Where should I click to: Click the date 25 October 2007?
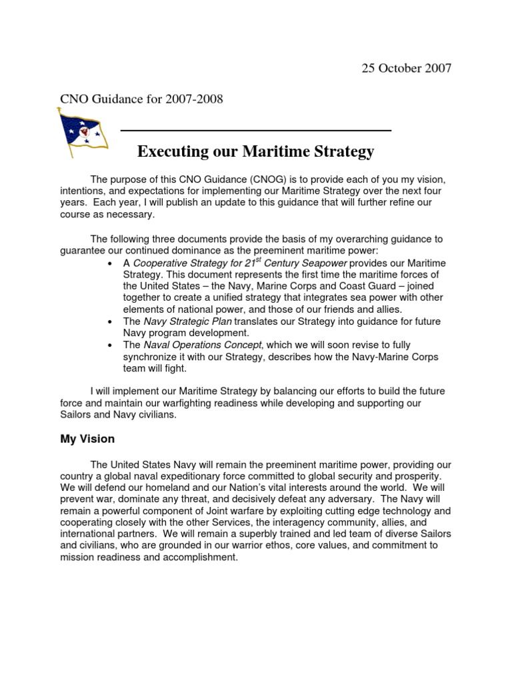click(x=406, y=69)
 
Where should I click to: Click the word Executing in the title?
click(x=171, y=152)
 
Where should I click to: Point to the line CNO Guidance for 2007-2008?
click(x=142, y=99)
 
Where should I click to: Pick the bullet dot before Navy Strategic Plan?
click(x=109, y=321)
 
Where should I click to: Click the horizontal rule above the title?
click(x=255, y=131)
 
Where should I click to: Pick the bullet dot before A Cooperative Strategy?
click(x=109, y=263)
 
